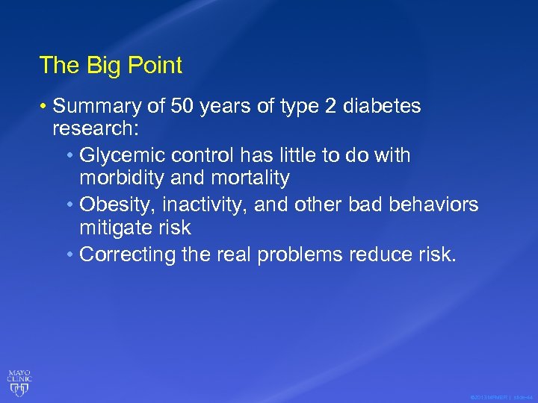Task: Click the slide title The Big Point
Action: pyautogui.click(x=111, y=66)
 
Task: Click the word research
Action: pyautogui.click(x=93, y=130)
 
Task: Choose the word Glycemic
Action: pyautogui.click(x=122, y=155)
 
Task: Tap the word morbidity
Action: pyautogui.click(x=122, y=178)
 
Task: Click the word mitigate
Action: pyautogui.click(x=118, y=228)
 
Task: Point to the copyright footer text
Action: pyautogui.click(x=501, y=397)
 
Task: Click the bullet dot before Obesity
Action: pyautogui.click(x=69, y=204)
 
